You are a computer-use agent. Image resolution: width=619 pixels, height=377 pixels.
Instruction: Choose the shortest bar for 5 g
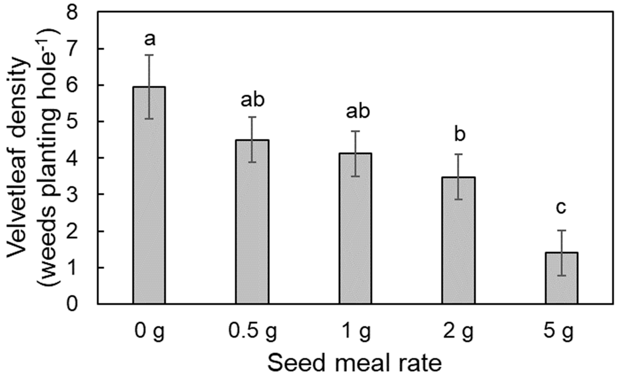[561, 279]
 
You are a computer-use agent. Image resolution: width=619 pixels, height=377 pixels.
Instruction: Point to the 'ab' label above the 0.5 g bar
[252, 100]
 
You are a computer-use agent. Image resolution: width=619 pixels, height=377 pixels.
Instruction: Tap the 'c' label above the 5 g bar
[561, 208]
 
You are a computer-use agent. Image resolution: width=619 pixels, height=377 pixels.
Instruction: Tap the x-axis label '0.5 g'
[252, 331]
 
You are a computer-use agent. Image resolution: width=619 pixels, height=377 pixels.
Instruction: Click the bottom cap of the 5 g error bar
[561, 276]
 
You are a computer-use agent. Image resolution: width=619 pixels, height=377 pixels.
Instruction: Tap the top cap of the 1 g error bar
[355, 131]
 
